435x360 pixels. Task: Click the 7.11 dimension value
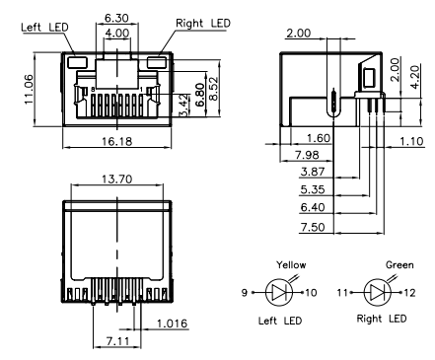[x=116, y=340]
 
